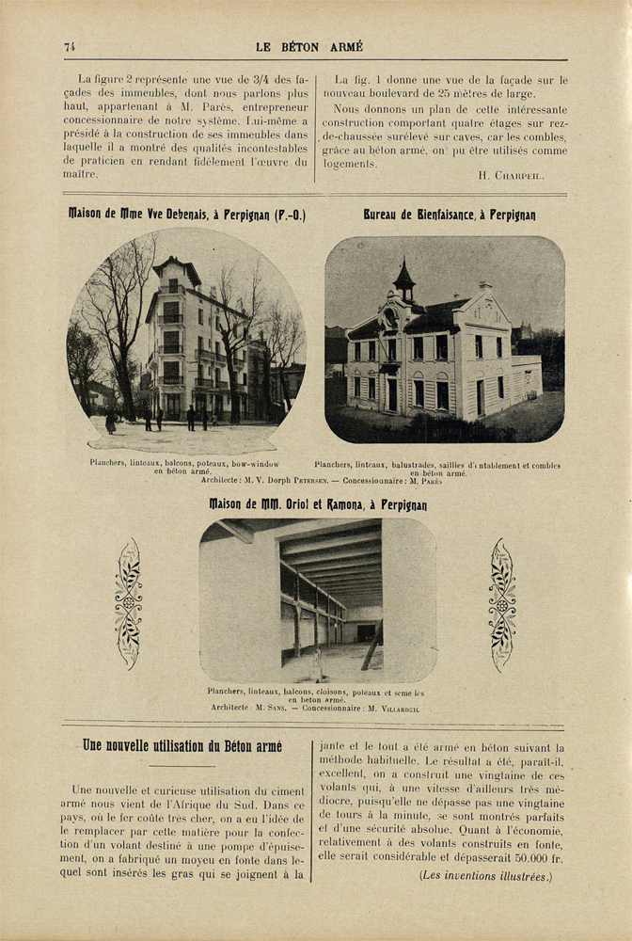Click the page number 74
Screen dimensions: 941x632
(70, 46)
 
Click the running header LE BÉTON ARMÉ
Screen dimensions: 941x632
(308, 46)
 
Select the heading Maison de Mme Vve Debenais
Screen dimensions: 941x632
(186, 215)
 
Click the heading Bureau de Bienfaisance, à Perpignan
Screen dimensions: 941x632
(450, 215)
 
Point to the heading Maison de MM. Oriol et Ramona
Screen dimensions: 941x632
(317, 504)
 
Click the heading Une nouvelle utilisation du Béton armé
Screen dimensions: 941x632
(182, 746)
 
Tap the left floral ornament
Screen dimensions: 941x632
(128, 603)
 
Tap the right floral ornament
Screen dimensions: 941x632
(502, 603)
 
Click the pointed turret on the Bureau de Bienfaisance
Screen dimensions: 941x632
(404, 279)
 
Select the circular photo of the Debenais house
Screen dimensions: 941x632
(185, 341)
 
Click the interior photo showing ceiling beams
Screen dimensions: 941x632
(317, 599)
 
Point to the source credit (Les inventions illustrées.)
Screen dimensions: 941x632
(486, 876)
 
